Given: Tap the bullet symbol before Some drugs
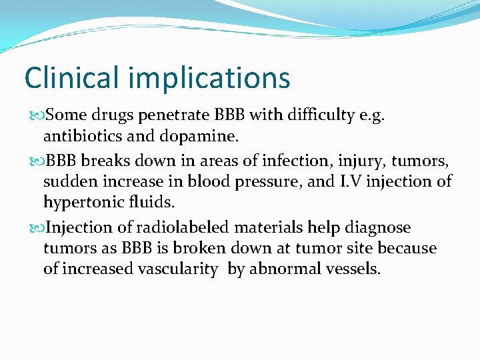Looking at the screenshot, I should (35, 116).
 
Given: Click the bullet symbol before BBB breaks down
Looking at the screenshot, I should (35, 160).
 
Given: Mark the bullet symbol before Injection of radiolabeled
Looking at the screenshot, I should (35, 227).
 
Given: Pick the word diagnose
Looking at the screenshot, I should (378, 228).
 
